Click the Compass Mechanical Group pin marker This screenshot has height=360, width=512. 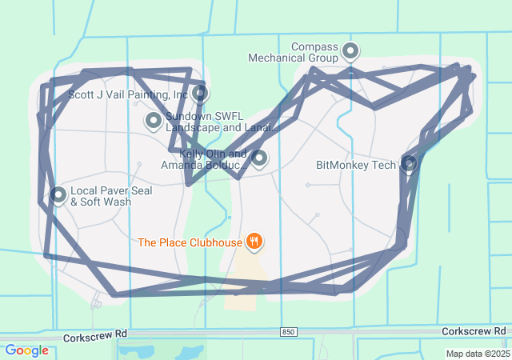pos(350,52)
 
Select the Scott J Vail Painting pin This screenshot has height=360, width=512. pos(200,93)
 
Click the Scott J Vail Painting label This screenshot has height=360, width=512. pos(128,94)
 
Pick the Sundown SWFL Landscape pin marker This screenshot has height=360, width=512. pos(154,121)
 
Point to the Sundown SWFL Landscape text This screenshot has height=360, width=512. pos(221,122)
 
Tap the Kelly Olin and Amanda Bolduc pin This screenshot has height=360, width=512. pos(258,158)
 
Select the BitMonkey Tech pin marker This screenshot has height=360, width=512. pos(409,164)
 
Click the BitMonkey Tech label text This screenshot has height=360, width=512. pos(356,166)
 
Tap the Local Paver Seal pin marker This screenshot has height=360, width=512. pos(58,194)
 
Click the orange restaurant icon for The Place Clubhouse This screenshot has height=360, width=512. pos(254,241)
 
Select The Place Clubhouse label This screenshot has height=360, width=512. pos(190,242)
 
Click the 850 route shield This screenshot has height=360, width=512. pos(289,331)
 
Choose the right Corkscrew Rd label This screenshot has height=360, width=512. pos(474,330)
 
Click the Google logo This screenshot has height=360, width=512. pos(26,350)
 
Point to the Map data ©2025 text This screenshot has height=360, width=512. pos(478,354)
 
